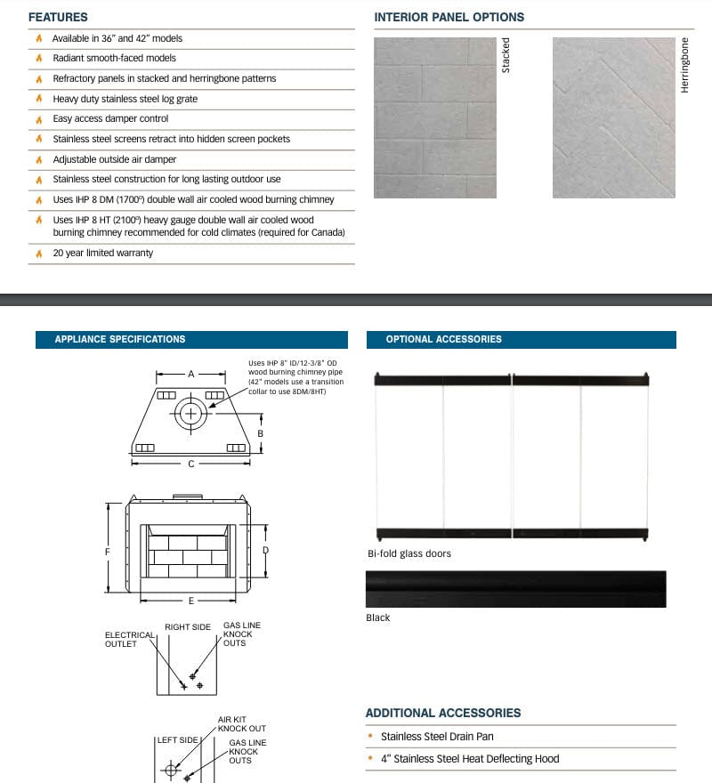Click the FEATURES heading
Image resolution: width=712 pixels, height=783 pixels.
[x=58, y=17]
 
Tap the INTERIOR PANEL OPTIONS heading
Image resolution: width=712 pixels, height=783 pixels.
[x=449, y=17]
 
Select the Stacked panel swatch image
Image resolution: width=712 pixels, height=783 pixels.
[x=434, y=117]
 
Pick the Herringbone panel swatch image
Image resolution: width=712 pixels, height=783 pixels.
[x=614, y=117]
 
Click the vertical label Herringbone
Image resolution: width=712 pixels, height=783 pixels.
[x=685, y=65]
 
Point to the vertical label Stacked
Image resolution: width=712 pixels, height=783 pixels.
[x=506, y=55]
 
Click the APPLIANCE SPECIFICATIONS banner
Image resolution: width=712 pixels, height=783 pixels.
[x=120, y=339]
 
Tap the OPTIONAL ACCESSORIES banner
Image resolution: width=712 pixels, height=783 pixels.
[x=443, y=339]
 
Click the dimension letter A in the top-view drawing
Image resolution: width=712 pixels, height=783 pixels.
[x=190, y=375]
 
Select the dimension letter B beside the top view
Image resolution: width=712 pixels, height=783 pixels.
[x=260, y=433]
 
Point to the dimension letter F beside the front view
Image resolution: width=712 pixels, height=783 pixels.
[x=108, y=552]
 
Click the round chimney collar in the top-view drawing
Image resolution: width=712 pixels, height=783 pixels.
[x=190, y=414]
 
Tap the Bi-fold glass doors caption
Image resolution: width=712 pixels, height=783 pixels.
[x=409, y=553]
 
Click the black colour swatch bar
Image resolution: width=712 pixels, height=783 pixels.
[x=515, y=589]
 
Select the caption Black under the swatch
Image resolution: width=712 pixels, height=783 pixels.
[x=378, y=618]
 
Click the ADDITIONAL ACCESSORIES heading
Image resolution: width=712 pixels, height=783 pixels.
[x=443, y=713]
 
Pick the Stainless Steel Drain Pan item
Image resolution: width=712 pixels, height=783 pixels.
[x=437, y=737]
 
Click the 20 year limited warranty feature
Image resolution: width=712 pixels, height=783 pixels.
[x=102, y=253]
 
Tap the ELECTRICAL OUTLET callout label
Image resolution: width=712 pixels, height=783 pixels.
[x=122, y=639]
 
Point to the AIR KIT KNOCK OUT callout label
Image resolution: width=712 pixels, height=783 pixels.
[x=241, y=723]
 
